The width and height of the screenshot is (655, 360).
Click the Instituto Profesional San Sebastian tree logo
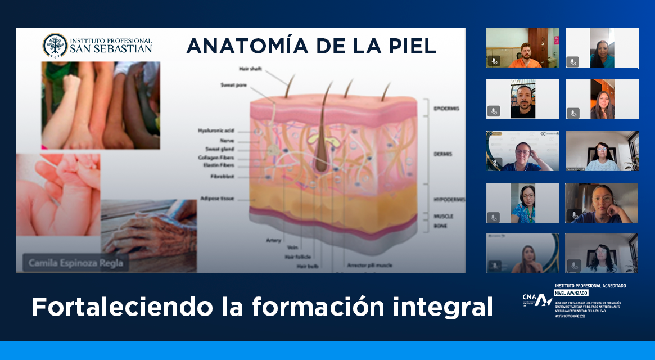point(55,45)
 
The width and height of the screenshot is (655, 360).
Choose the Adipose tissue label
point(217,199)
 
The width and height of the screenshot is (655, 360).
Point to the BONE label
point(440,225)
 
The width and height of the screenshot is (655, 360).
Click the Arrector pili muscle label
point(369,265)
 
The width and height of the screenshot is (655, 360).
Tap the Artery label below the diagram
point(274,240)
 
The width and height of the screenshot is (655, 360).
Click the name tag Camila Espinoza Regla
point(74,262)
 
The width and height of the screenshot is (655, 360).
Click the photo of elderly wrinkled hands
point(149,236)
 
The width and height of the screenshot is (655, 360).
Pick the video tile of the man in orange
point(523,48)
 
